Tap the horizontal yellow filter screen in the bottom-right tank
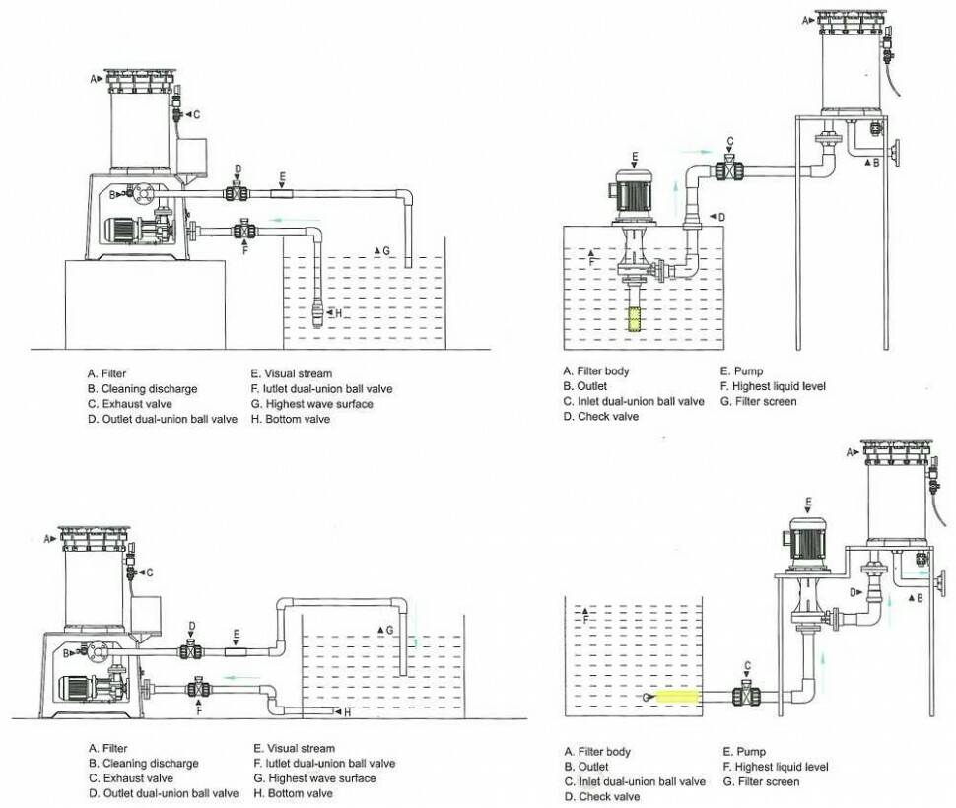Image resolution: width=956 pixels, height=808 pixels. [x=677, y=696]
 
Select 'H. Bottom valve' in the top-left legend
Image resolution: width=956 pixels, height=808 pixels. [x=290, y=419]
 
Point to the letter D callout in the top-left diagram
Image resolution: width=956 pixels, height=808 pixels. [x=238, y=168]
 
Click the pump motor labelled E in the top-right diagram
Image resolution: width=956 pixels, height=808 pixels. [x=634, y=194]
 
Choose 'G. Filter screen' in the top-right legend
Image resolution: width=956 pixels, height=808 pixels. [x=759, y=401]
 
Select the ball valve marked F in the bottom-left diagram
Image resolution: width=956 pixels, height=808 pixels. [x=198, y=689]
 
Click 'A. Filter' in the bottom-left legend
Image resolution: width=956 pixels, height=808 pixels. [x=107, y=748]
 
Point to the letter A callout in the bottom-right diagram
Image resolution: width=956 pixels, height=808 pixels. [x=851, y=452]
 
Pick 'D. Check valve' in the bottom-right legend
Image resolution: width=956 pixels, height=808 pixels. [x=602, y=796]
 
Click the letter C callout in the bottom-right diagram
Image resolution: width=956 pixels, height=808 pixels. [x=747, y=666]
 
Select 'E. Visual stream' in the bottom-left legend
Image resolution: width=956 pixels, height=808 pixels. [x=294, y=748]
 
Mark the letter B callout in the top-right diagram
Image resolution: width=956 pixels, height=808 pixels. [x=876, y=163]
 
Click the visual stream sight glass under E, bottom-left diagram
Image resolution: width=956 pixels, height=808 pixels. [x=236, y=652]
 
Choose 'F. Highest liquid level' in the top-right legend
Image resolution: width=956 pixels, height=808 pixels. [x=773, y=385]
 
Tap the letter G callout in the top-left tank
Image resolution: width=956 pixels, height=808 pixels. [x=386, y=250]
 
